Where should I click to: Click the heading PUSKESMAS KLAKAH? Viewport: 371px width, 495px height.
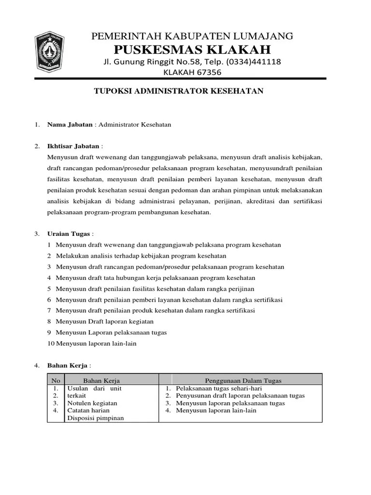click(192, 49)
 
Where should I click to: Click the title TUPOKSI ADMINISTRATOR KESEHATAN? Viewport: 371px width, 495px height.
click(178, 91)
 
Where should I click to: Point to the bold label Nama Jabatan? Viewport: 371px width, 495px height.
click(70, 124)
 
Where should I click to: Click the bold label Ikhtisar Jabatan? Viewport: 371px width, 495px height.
click(73, 146)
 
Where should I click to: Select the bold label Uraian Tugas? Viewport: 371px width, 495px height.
click(69, 233)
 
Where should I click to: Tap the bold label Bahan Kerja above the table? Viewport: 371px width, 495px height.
click(67, 365)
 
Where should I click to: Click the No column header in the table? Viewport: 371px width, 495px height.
click(56, 380)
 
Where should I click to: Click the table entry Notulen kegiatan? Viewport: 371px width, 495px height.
click(92, 403)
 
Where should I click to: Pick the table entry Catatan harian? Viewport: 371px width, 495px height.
click(89, 410)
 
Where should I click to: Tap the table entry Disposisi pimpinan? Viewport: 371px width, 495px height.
click(95, 418)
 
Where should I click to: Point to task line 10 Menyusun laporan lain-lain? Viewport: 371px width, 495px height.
click(96, 344)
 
